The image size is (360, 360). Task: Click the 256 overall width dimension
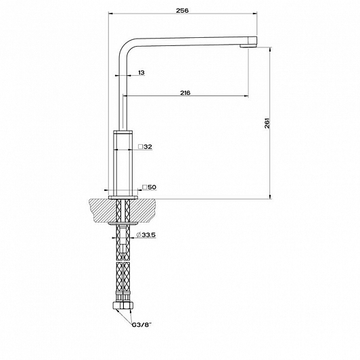(x=182, y=11)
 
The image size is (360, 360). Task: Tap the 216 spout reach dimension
(x=185, y=93)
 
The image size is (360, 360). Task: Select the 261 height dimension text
(x=267, y=123)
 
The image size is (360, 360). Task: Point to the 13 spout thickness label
(x=141, y=72)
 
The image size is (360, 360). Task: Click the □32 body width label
(x=145, y=146)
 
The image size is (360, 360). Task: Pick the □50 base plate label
(x=149, y=187)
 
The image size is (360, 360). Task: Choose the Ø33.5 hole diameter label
(x=145, y=235)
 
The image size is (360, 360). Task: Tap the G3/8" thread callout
(x=142, y=325)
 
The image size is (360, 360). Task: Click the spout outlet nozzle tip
(x=248, y=46)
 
